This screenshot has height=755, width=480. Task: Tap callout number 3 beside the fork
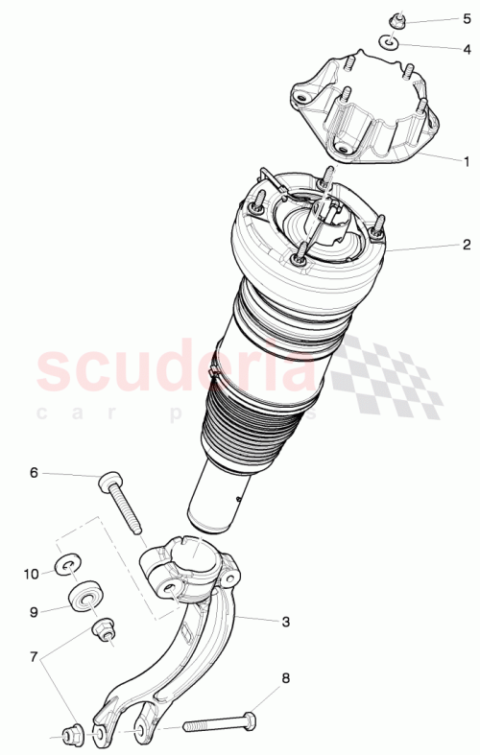coord(285,622)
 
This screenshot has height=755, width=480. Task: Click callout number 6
coord(34,472)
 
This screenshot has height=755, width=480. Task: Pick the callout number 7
coord(34,658)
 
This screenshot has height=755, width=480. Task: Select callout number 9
coord(34,610)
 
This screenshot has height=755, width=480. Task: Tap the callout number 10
coord(32,574)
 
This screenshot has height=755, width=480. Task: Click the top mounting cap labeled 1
coord(365,110)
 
